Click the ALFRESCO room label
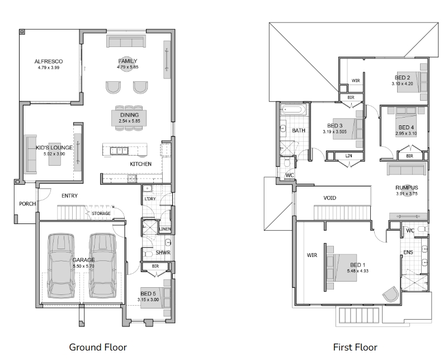[49, 62]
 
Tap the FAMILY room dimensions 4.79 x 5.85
[128, 67]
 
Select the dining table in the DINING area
[129, 118]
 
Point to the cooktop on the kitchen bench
[132, 179]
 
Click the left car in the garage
[61, 266]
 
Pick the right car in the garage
[102, 266]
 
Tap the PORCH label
[27, 204]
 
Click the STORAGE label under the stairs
[101, 213]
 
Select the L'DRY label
[150, 199]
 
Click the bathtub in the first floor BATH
[293, 110]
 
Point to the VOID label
[330, 198]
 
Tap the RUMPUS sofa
[407, 169]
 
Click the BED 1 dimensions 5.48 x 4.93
[358, 271]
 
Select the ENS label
[408, 252]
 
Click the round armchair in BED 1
[390, 294]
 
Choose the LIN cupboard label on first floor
[348, 156]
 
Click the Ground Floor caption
[98, 347]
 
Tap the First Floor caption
[355, 347]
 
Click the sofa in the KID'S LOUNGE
[30, 154]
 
